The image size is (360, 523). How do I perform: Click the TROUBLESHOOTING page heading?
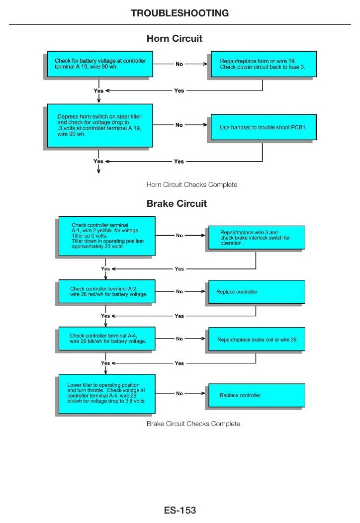pyautogui.click(x=180, y=13)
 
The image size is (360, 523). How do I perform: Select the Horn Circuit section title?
pyautogui.click(x=175, y=38)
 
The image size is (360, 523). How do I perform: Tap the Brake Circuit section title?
pyautogui.click(x=177, y=203)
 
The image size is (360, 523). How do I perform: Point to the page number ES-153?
pyautogui.click(x=180, y=510)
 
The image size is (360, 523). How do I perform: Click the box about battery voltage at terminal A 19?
pyautogui.click(x=100, y=64)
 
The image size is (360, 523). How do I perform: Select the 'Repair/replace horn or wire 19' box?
pyautogui.click(x=264, y=64)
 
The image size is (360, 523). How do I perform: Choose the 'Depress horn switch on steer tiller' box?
pyautogui.click(x=100, y=125)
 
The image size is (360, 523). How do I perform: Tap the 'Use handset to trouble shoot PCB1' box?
pyautogui.click(x=264, y=127)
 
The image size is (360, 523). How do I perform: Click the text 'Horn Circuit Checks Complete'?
pyautogui.click(x=192, y=184)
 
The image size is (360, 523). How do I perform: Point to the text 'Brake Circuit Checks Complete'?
pyautogui.click(x=193, y=424)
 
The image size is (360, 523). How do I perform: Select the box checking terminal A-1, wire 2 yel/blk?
pyautogui.click(x=107, y=236)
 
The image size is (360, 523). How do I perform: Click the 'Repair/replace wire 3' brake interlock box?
pyautogui.click(x=257, y=238)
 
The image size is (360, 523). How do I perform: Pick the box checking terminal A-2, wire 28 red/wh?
pyautogui.click(x=107, y=291)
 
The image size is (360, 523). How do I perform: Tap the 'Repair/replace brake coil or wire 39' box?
pyautogui.click(x=257, y=339)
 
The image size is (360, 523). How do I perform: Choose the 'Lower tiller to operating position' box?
pyautogui.click(x=107, y=394)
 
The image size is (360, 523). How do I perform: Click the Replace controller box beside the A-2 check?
pyautogui.click(x=257, y=292)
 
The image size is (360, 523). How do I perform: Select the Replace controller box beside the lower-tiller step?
pyautogui.click(x=257, y=395)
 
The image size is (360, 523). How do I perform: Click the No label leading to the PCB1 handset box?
pyautogui.click(x=179, y=125)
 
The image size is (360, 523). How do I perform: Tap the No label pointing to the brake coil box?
pyautogui.click(x=180, y=339)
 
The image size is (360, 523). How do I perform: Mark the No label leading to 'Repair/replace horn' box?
pyautogui.click(x=179, y=64)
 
